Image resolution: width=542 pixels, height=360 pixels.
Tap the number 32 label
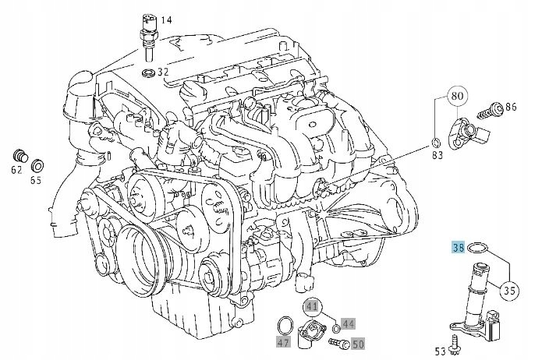[x=162, y=72]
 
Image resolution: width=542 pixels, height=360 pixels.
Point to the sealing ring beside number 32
[x=147, y=73]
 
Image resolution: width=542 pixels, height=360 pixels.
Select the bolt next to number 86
[x=491, y=110]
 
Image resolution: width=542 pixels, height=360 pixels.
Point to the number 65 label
[x=36, y=180]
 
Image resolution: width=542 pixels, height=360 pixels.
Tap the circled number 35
[x=510, y=291]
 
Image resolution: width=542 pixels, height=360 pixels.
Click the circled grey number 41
[x=312, y=305]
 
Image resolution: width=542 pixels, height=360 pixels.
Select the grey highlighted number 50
[x=358, y=342]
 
